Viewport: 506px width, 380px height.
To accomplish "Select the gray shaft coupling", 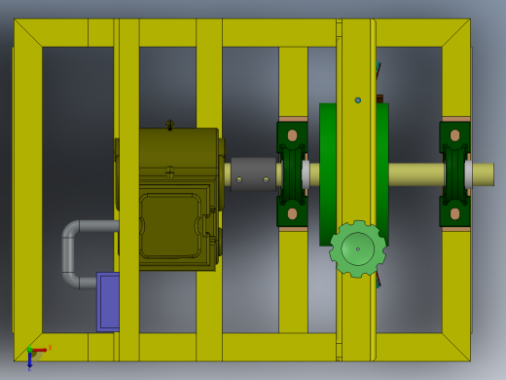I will (x=253, y=174).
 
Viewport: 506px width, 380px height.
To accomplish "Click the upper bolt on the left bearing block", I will (x=292, y=135).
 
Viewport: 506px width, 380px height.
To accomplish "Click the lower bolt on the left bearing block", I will (x=292, y=213).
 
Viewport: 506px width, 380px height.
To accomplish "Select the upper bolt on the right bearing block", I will (x=454, y=135).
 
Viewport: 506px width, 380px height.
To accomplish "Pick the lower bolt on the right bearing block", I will (x=454, y=213).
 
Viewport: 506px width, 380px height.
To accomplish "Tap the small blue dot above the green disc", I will (x=358, y=99).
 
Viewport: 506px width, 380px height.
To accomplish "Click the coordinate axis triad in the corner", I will (x=34, y=353).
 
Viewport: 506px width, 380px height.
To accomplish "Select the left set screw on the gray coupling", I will (x=239, y=178).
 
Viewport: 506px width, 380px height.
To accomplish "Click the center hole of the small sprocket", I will (x=357, y=248).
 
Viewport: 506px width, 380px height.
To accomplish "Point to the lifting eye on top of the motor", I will (x=170, y=125).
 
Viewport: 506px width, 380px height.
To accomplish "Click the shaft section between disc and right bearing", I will (x=414, y=174).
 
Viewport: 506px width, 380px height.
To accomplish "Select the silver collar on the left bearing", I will (x=306, y=174).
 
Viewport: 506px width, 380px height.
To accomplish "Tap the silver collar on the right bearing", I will (x=468, y=174).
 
